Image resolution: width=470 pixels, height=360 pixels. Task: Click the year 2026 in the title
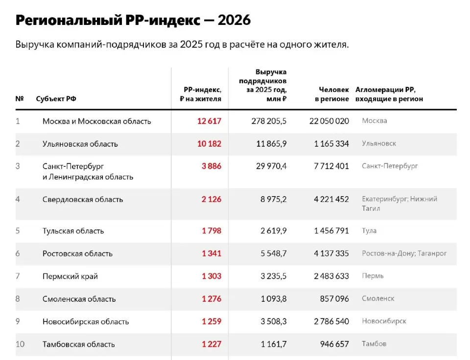234,20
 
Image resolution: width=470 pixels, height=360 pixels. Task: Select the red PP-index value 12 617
209,121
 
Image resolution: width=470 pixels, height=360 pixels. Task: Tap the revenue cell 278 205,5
269,121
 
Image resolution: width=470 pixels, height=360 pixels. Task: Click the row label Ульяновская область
80,144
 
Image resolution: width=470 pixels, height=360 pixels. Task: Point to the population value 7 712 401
331,166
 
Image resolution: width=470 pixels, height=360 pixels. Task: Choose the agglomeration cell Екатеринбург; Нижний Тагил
399,203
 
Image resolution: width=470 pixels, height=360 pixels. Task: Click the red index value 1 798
211,230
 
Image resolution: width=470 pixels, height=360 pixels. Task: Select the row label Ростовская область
77,253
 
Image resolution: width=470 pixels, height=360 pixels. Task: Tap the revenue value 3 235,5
273,276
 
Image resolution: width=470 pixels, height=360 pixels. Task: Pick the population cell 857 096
334,298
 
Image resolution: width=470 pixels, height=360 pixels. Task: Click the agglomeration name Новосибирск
384,321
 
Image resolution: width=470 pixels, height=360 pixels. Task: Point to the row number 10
20,344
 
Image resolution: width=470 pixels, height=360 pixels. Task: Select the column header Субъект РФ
56,98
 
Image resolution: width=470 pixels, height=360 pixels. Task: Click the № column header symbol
20,98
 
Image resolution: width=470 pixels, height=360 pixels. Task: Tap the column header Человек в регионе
332,94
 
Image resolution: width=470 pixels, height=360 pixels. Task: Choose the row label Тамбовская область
78,344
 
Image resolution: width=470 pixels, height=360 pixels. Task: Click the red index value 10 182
209,144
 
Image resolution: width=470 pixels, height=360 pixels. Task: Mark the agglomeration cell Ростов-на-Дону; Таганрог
404,253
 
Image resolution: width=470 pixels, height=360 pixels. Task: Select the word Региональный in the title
69,21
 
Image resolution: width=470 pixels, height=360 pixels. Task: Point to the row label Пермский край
70,276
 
